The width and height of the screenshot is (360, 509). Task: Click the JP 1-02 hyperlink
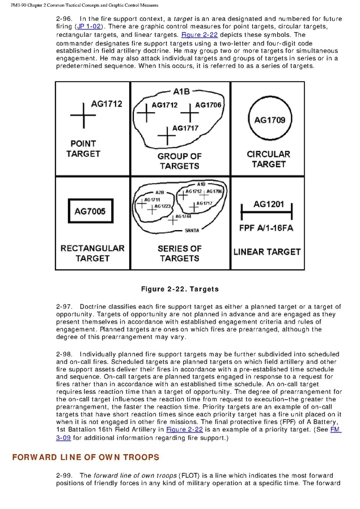click(x=86, y=27)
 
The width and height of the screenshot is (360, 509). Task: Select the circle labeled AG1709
click(x=269, y=120)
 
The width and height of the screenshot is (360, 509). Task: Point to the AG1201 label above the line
click(x=269, y=205)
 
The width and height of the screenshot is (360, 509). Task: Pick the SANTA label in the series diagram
click(x=192, y=231)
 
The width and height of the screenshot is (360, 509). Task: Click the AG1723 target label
click(x=162, y=206)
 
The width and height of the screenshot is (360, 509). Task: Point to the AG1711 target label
click(x=152, y=200)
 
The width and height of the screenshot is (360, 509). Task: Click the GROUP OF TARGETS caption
click(x=180, y=161)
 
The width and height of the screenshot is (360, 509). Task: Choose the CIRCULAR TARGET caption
click(x=269, y=159)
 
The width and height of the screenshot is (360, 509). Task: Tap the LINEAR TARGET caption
click(x=267, y=252)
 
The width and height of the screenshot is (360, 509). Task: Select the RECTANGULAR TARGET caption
click(x=92, y=253)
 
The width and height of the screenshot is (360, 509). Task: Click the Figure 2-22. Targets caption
click(x=180, y=289)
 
